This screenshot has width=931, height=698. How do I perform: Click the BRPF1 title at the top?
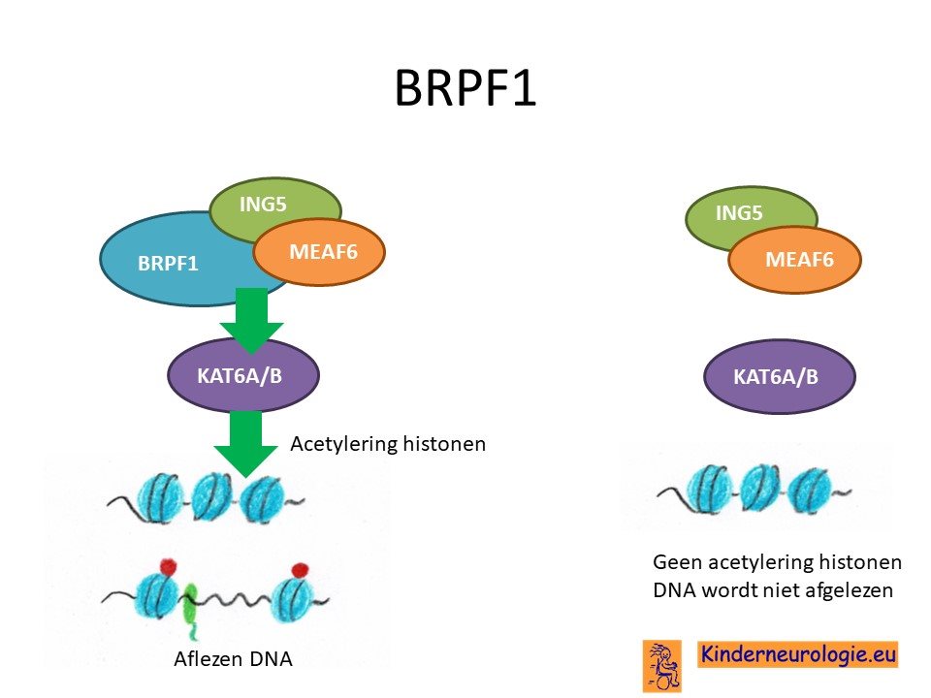pyautogui.click(x=465, y=88)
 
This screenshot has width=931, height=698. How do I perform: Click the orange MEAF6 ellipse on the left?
pyautogui.click(x=319, y=252)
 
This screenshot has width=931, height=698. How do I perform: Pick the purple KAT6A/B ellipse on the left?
pyautogui.click(x=243, y=375)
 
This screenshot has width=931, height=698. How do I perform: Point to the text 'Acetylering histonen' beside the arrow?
pyautogui.click(x=388, y=444)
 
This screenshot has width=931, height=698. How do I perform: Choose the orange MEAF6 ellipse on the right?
pyautogui.click(x=795, y=260)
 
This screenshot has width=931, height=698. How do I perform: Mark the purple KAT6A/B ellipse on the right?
pyautogui.click(x=780, y=376)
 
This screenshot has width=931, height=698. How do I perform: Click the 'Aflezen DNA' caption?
pyautogui.click(x=233, y=659)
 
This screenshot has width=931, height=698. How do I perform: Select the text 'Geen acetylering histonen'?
pyautogui.click(x=777, y=561)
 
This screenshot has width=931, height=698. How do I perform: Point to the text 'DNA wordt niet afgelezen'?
pyautogui.click(x=773, y=590)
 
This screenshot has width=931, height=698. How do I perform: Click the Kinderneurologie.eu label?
pyautogui.click(x=797, y=654)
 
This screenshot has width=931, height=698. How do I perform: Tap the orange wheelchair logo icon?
pyautogui.click(x=662, y=665)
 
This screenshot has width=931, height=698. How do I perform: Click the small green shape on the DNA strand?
pyautogui.click(x=190, y=610)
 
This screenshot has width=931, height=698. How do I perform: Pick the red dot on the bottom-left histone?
pyautogui.click(x=169, y=566)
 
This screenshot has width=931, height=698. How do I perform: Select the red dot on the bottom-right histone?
pyautogui.click(x=301, y=570)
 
